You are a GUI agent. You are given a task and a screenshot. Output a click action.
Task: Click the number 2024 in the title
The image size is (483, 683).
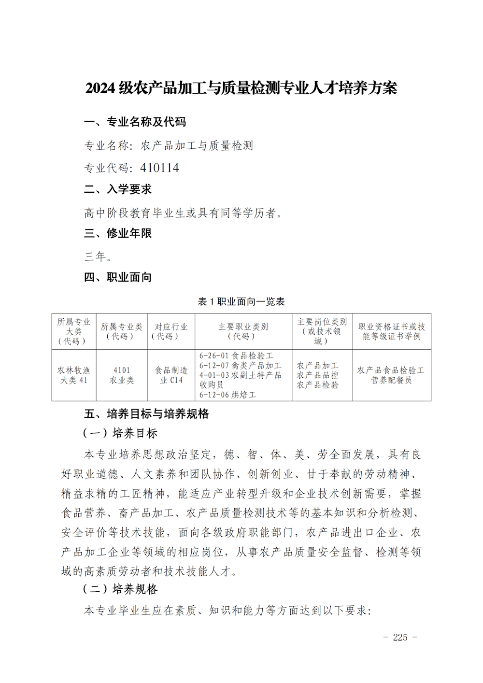100,88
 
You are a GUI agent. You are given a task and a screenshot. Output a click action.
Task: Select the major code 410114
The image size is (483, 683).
159,168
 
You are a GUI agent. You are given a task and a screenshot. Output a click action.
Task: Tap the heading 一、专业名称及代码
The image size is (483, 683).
135,122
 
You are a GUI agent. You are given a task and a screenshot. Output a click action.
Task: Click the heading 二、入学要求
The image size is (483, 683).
118,189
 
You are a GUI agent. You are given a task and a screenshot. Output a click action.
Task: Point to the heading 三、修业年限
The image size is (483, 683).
118,233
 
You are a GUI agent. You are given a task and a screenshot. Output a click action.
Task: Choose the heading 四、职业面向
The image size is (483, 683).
118,277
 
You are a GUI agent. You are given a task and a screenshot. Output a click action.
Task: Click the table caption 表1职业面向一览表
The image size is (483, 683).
241,301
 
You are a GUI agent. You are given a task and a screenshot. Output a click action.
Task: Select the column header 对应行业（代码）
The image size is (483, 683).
170,331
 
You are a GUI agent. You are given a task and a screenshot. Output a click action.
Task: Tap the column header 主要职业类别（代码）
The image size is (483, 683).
243,331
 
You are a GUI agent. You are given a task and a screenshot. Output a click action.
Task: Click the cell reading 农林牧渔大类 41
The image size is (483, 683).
74,375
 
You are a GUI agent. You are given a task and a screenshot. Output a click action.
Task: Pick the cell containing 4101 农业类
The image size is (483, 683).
122,375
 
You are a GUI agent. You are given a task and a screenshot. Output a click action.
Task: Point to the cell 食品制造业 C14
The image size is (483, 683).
171,375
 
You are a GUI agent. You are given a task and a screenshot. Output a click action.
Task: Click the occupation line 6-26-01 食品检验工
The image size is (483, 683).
236,356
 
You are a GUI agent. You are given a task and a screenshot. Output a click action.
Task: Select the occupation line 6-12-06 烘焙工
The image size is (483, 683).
227,395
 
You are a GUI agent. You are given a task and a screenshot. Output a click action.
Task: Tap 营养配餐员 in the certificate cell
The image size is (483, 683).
391,380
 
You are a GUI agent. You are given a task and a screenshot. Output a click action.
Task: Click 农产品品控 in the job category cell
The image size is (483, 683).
317,375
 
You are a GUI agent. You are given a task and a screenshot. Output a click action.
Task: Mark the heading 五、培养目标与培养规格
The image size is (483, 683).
146,414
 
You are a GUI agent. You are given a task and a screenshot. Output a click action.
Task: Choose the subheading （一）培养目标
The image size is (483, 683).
120,433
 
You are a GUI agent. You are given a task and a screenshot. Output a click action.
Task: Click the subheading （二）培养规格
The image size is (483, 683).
120,589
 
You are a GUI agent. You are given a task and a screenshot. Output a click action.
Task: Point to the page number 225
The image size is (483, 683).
400,637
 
